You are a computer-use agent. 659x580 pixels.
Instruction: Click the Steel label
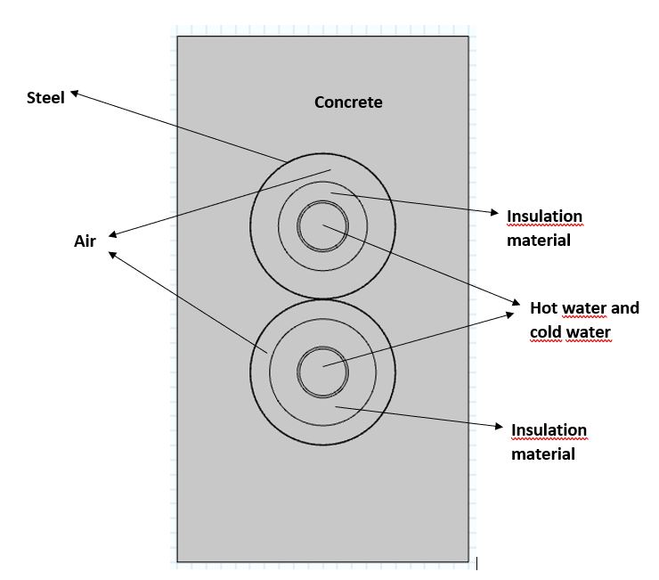[45, 98]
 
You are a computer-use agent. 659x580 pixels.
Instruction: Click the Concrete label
[348, 102]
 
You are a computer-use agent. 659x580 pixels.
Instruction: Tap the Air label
[85, 241]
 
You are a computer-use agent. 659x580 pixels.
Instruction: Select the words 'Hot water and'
[584, 308]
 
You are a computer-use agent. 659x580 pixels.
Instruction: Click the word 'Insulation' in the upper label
[544, 216]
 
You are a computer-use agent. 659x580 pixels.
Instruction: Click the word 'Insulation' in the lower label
[549, 430]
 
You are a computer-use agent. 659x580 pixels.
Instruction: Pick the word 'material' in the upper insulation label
[538, 240]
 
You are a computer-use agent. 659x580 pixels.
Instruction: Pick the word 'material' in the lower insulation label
[542, 453]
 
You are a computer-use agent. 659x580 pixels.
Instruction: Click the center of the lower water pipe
[322, 370]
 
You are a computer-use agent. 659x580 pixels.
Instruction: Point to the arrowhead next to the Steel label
[75, 92]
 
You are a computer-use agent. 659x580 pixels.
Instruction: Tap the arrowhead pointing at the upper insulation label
[495, 213]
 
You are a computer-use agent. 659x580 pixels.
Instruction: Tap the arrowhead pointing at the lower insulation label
[500, 428]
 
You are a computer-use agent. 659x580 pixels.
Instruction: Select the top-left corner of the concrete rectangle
[177, 37]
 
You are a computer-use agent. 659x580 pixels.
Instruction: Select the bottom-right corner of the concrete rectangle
[468, 561]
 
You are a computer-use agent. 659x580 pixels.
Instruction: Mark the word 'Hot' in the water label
[543, 308]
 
